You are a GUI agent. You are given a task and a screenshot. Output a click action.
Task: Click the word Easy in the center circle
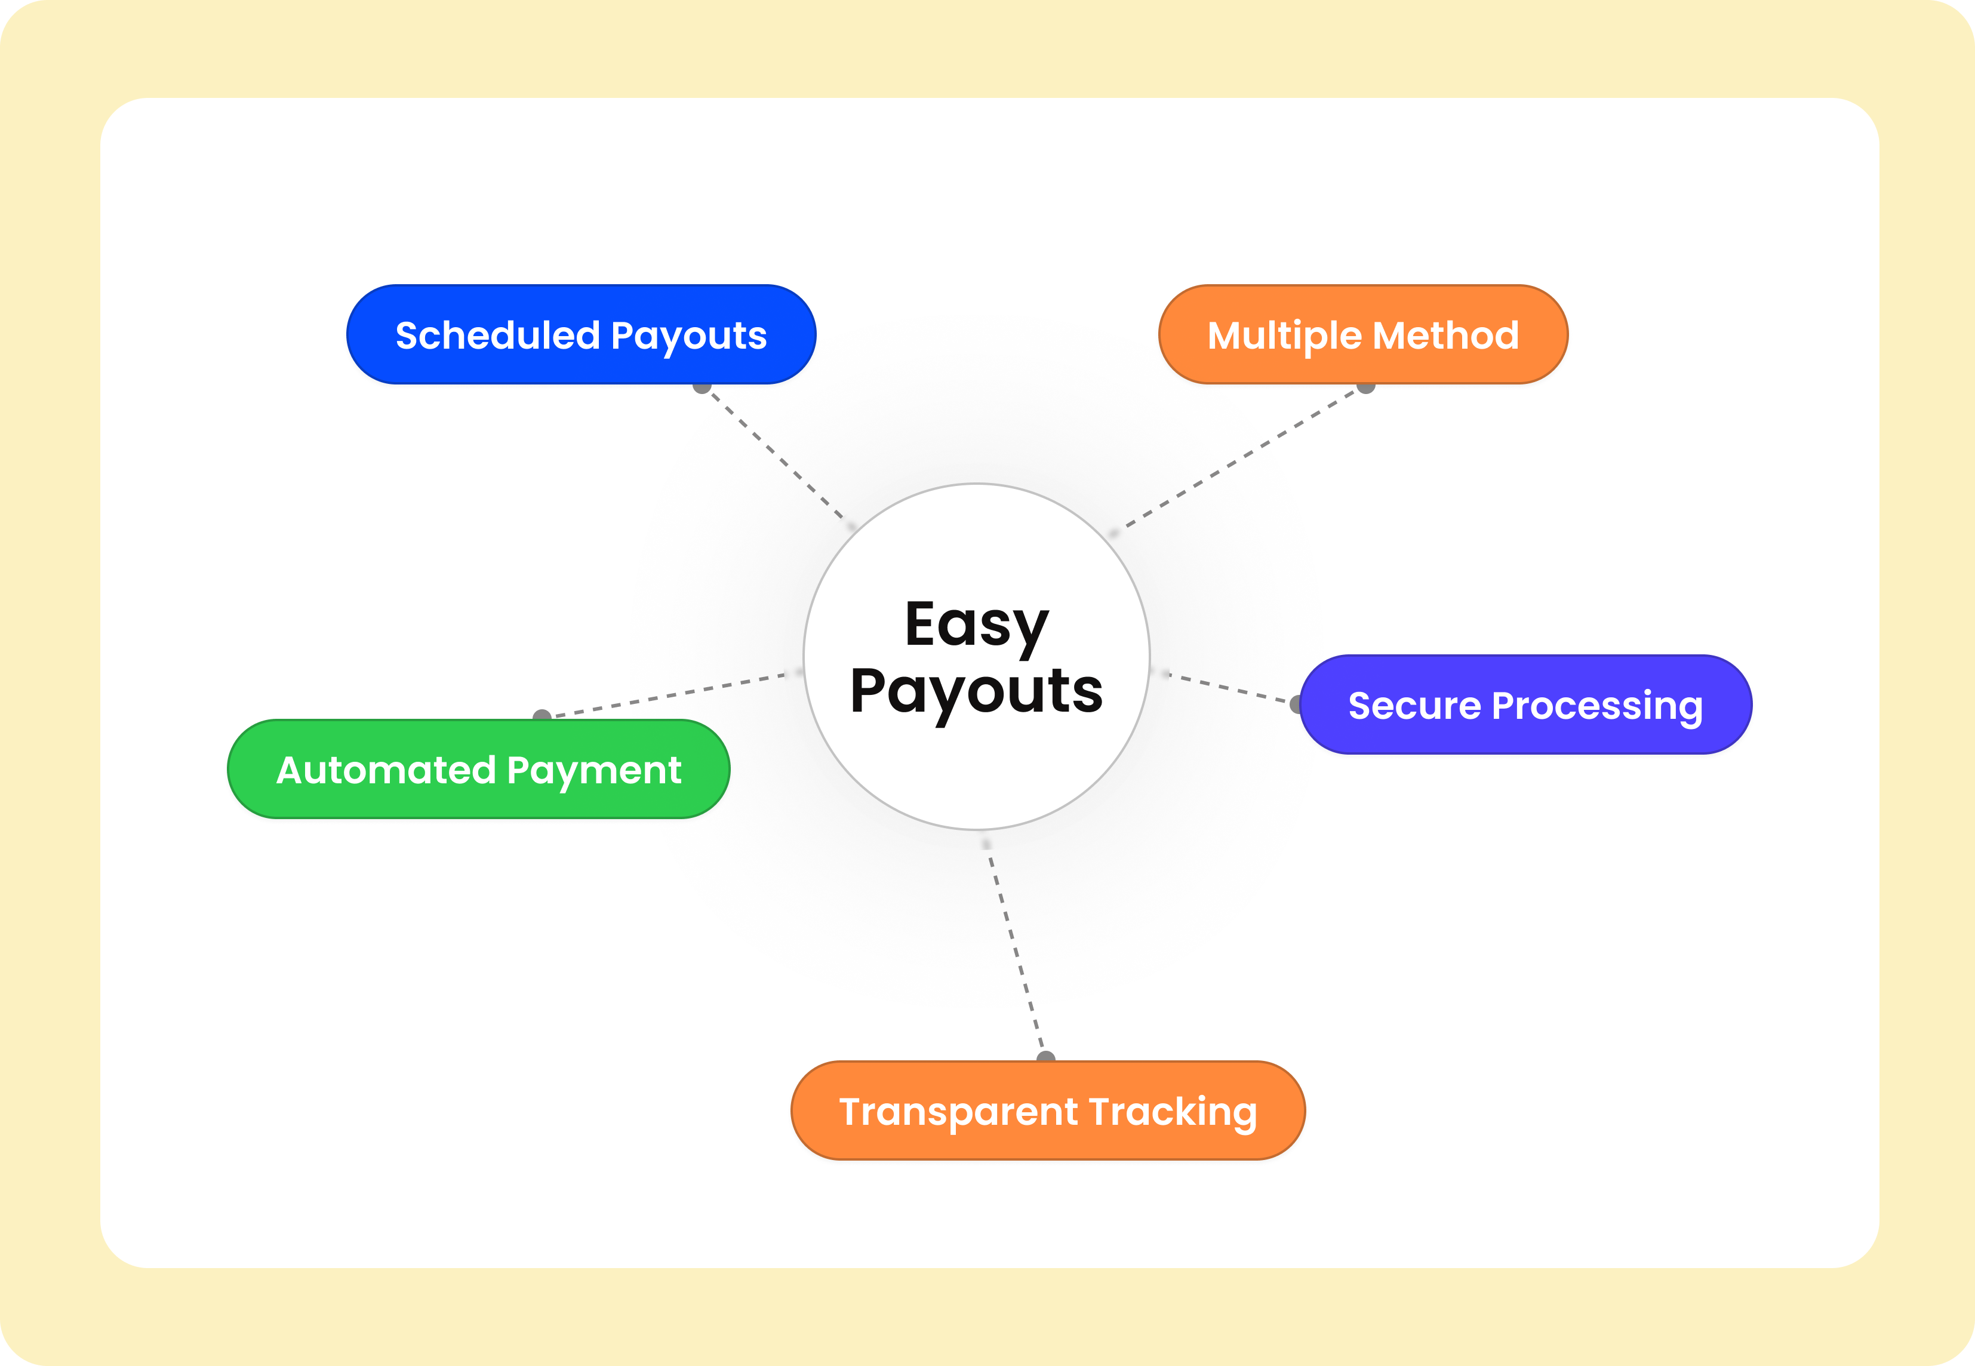[976, 625]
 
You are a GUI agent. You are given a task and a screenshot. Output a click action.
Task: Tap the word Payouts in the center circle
[976, 691]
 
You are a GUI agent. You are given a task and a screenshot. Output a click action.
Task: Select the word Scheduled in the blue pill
[497, 336]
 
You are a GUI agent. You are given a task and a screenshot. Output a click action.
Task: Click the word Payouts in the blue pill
[689, 336]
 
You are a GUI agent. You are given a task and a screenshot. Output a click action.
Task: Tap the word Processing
[1596, 707]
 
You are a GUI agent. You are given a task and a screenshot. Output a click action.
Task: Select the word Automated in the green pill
[386, 770]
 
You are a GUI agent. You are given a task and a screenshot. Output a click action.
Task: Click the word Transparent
[958, 1112]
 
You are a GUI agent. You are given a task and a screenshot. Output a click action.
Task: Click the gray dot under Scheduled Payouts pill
[702, 387]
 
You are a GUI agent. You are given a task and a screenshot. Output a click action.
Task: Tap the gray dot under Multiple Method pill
[1366, 387]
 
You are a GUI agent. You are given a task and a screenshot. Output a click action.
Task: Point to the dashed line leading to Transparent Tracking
[1016, 950]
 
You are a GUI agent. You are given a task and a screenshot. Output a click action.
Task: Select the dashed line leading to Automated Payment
[667, 695]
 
